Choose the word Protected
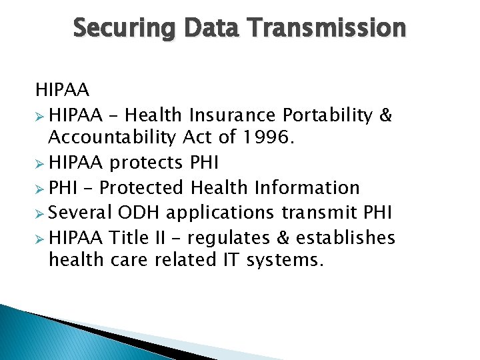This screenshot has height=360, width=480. [144, 188]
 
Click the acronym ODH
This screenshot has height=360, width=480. [140, 213]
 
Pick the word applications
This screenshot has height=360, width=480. [220, 213]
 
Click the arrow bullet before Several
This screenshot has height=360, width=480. [41, 213]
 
